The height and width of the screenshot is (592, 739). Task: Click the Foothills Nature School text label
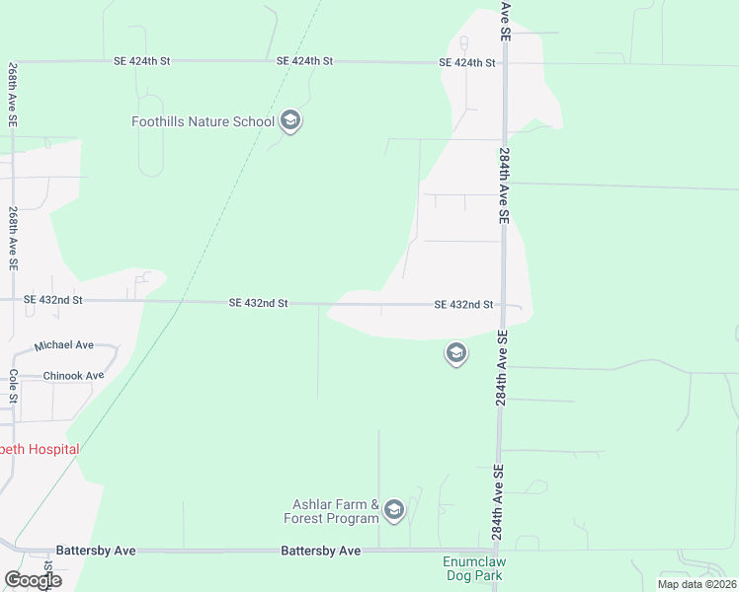[203, 122]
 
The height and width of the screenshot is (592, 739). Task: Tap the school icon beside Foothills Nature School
[289, 121]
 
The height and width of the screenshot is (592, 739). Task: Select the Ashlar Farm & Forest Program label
[336, 511]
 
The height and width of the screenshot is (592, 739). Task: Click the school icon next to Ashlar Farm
[393, 509]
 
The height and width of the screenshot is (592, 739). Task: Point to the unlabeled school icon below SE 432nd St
[455, 352]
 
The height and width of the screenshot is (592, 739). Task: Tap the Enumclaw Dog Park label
[472, 568]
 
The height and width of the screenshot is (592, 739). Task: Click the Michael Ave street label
[63, 346]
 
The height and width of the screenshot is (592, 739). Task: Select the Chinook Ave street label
[73, 376]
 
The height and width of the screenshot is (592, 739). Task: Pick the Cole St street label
[14, 387]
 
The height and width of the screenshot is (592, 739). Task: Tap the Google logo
[33, 580]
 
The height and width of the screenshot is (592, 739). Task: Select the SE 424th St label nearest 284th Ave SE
[467, 63]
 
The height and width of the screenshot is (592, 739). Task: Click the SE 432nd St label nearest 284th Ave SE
[463, 305]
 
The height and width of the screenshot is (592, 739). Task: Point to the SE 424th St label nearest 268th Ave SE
[142, 61]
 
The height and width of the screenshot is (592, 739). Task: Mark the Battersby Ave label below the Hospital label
[96, 550]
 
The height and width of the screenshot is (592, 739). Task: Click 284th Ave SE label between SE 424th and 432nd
[504, 185]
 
